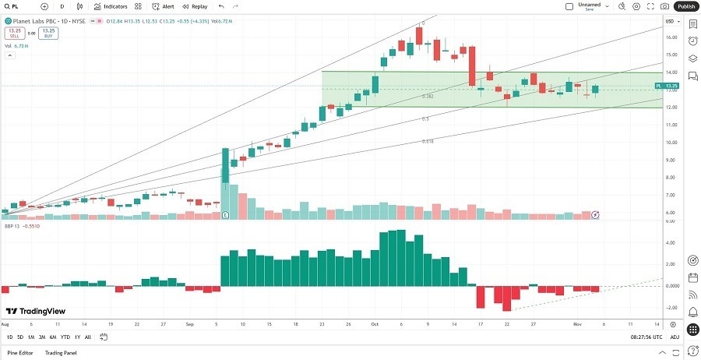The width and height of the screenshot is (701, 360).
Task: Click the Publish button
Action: (x=685, y=6)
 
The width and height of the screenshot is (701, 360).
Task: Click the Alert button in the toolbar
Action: (x=163, y=6)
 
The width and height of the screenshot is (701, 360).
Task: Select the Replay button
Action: (x=196, y=6)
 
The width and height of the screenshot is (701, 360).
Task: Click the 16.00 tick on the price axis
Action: (x=670, y=37)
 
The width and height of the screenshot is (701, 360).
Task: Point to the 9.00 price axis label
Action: (x=670, y=160)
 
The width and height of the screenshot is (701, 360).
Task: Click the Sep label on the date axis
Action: (x=191, y=323)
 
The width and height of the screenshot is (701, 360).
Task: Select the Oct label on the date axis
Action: (x=375, y=323)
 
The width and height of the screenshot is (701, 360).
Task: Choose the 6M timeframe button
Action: (x=53, y=337)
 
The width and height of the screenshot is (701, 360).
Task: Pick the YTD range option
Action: (x=65, y=337)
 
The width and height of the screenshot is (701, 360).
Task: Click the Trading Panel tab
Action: (x=60, y=353)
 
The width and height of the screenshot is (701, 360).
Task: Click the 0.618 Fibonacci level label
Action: (x=428, y=141)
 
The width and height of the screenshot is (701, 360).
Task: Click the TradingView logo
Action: (x=35, y=311)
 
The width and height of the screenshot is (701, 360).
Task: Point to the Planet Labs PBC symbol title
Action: (x=39, y=20)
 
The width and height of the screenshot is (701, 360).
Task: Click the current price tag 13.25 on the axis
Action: (x=671, y=86)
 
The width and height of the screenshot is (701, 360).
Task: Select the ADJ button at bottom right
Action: (x=675, y=337)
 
